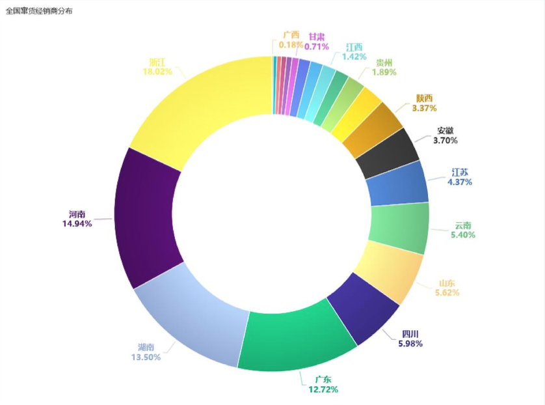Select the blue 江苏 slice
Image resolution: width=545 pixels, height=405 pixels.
coord(397,186)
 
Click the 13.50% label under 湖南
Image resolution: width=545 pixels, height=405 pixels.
coord(146,357)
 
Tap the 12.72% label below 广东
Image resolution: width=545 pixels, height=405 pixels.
coord(323,389)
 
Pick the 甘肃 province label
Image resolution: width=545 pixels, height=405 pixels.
coord(317,36)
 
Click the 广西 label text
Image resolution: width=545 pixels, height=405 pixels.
coord(291,35)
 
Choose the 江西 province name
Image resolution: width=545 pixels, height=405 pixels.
coord(354,47)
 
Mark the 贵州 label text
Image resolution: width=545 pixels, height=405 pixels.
coord(384,63)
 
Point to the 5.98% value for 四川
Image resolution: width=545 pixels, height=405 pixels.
coord(410,343)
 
